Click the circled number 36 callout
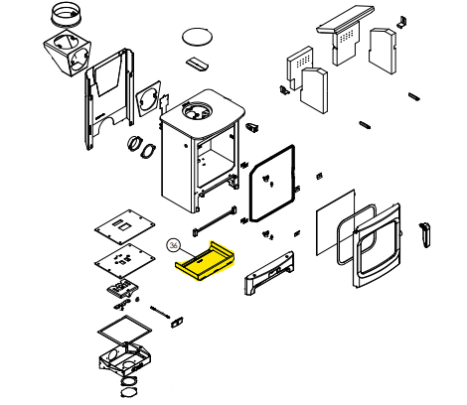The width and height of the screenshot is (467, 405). click(173, 245)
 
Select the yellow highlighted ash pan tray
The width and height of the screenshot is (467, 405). click(206, 261)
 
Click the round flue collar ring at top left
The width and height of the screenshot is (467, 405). click(66, 14)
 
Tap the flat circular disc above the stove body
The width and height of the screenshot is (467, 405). click(197, 36)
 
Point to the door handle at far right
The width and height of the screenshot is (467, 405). click(425, 234)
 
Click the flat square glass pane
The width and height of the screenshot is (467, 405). click(335, 222)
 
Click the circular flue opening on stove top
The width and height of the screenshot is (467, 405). click(196, 111)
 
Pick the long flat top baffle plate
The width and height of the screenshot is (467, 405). click(345, 19)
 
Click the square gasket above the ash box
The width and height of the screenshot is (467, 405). click(125, 330)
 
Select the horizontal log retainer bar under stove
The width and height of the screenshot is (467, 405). click(215, 220)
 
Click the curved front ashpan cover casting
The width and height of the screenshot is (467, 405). click(269, 273)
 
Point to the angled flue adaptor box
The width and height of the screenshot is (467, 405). click(68, 53)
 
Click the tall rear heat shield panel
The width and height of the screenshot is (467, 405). click(109, 98)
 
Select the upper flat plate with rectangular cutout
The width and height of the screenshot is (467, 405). click(125, 226)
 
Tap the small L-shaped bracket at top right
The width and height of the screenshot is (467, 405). click(402, 21)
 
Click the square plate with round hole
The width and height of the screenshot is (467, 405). click(148, 98)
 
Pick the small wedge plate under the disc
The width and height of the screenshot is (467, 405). click(197, 64)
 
